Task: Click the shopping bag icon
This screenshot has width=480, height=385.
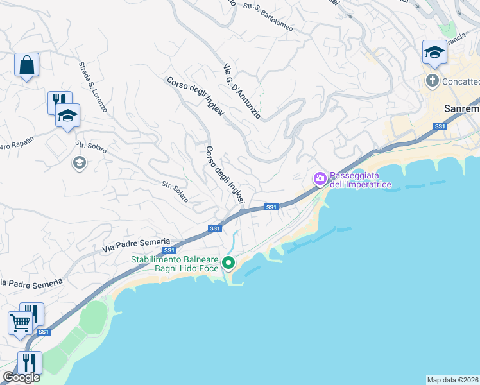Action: click(x=26, y=65)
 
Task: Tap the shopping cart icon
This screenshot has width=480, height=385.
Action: click(x=20, y=323)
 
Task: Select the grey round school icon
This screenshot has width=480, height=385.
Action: click(x=79, y=163)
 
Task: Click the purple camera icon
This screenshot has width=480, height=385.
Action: click(x=320, y=178)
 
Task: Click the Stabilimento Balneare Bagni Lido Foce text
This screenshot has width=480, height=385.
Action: click(x=175, y=264)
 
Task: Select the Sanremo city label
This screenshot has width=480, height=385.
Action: click(x=462, y=109)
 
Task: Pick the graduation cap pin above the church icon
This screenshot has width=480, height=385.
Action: click(x=434, y=52)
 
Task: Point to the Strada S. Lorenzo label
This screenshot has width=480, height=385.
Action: click(x=93, y=87)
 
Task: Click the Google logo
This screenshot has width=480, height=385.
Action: click(x=21, y=377)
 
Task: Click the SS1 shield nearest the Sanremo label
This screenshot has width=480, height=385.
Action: click(x=440, y=127)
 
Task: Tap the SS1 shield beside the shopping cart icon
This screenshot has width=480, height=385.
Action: click(x=43, y=332)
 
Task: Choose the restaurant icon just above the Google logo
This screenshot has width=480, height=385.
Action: click(x=30, y=362)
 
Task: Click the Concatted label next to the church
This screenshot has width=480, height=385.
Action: click(x=461, y=81)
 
